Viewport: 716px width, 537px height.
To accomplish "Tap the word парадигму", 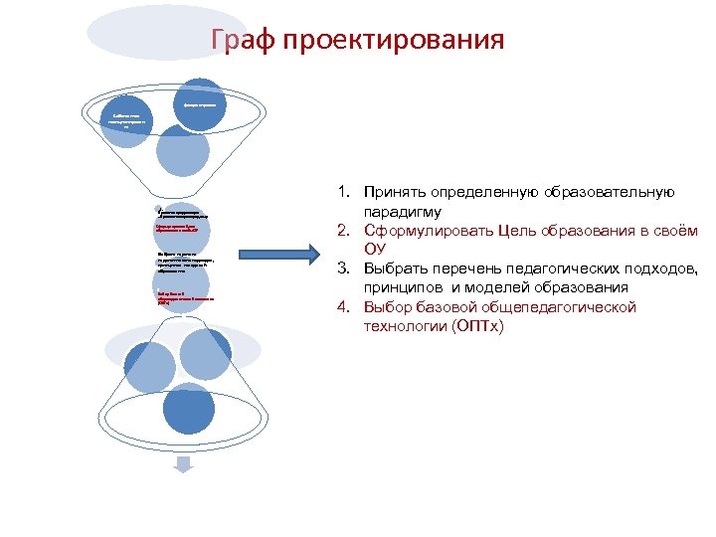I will coord(402,212).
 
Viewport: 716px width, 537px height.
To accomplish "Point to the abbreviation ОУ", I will coord(375,250).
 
